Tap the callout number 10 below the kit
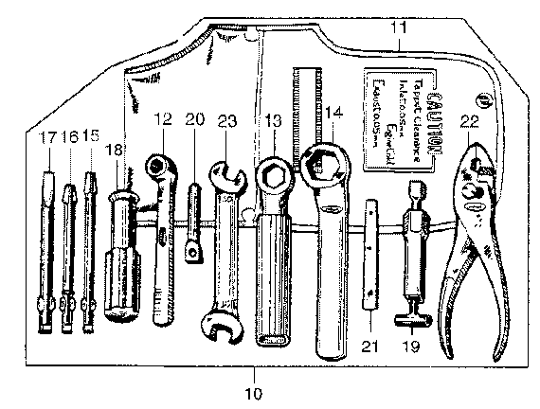click(253, 390)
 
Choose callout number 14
click(332, 112)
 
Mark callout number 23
click(226, 121)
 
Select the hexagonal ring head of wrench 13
click(274, 176)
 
